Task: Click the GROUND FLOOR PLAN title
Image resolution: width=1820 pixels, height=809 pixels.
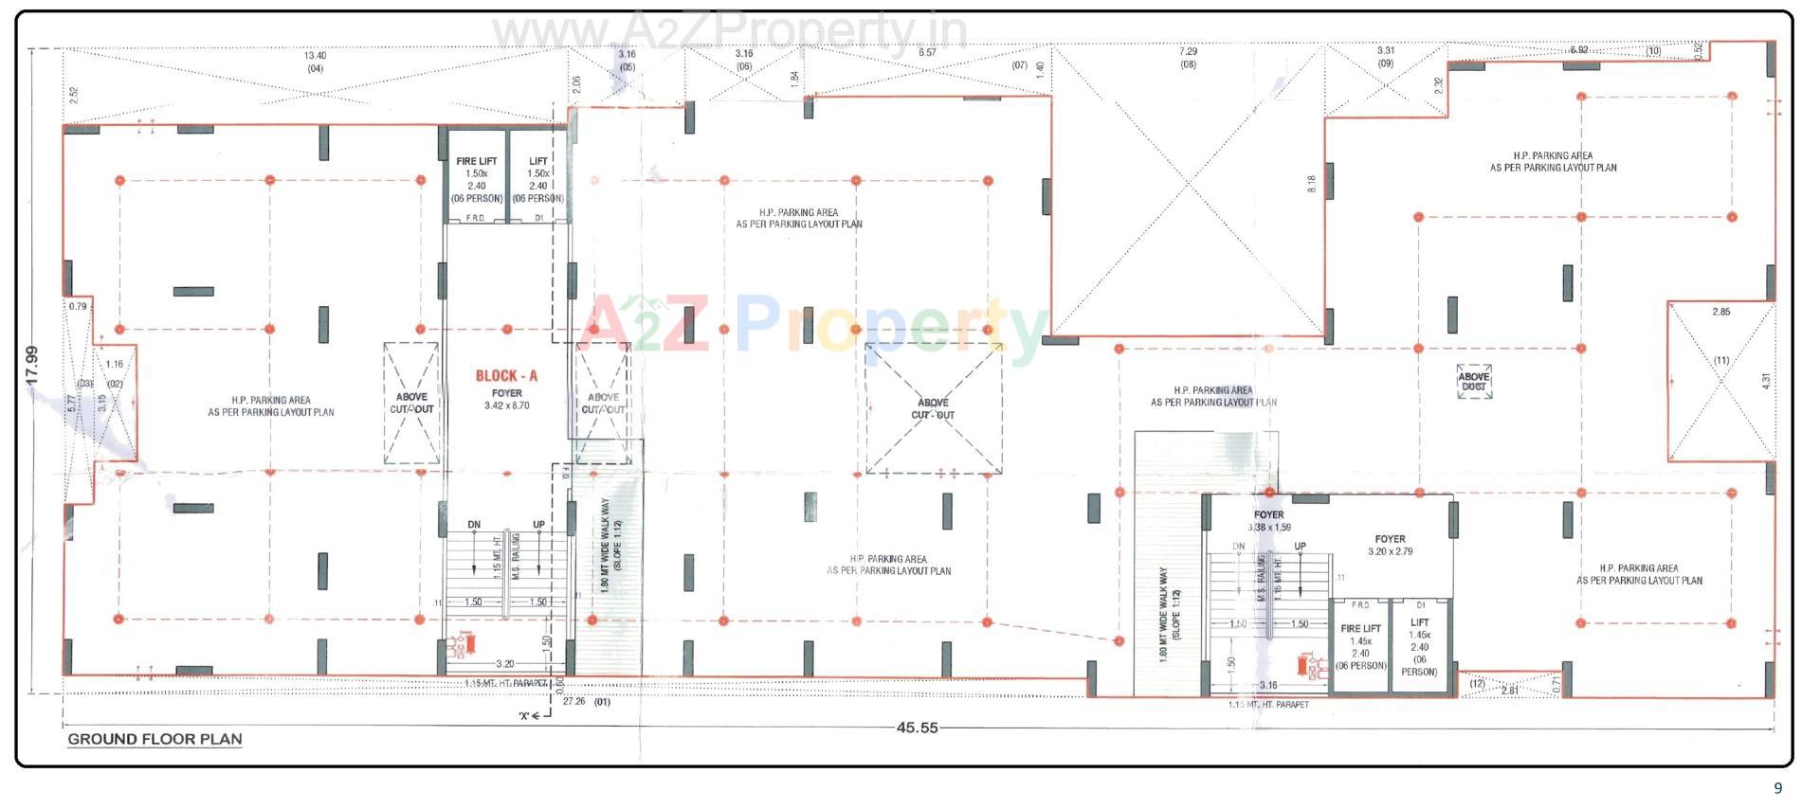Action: click(155, 739)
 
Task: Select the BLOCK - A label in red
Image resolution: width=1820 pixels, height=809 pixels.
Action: click(506, 376)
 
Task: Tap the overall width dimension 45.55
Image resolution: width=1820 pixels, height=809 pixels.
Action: click(917, 728)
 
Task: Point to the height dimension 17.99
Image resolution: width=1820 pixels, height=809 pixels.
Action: click(31, 365)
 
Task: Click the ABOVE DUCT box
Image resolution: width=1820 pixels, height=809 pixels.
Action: click(1473, 382)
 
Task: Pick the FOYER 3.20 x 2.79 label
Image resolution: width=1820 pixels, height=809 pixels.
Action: click(1390, 545)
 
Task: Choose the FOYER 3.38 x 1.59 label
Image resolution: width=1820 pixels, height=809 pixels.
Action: click(1268, 521)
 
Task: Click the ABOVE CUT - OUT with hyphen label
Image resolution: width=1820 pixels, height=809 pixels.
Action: click(933, 409)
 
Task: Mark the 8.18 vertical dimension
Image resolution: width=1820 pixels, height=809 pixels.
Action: click(1312, 184)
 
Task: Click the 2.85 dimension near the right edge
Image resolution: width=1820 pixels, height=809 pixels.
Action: click(1720, 312)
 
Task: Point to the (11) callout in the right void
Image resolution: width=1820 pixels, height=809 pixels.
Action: click(1721, 360)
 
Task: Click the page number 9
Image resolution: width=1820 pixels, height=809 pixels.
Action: click(1777, 788)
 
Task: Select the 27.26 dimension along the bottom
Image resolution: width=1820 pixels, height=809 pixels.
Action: click(573, 702)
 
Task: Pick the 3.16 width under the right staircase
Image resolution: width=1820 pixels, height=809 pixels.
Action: click(1267, 685)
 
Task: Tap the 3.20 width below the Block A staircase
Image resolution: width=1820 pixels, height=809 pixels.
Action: click(504, 664)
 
